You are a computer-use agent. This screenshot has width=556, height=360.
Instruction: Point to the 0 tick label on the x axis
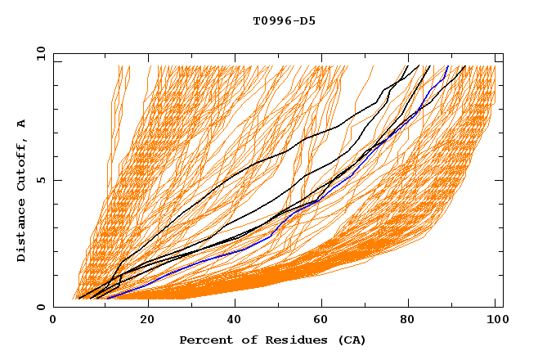click(53, 320)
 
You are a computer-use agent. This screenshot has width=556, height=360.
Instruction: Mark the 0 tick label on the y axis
click(41, 308)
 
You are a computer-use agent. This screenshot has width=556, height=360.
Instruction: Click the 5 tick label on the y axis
click(41, 180)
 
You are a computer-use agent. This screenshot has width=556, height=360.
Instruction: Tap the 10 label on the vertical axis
click(38, 54)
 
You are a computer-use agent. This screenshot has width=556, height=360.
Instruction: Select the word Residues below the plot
click(294, 340)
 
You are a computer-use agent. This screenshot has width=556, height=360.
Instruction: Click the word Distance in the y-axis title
click(22, 232)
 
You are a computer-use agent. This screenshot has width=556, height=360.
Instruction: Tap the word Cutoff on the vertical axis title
click(22, 166)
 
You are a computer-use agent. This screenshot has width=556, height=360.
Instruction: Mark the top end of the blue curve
click(448, 66)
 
